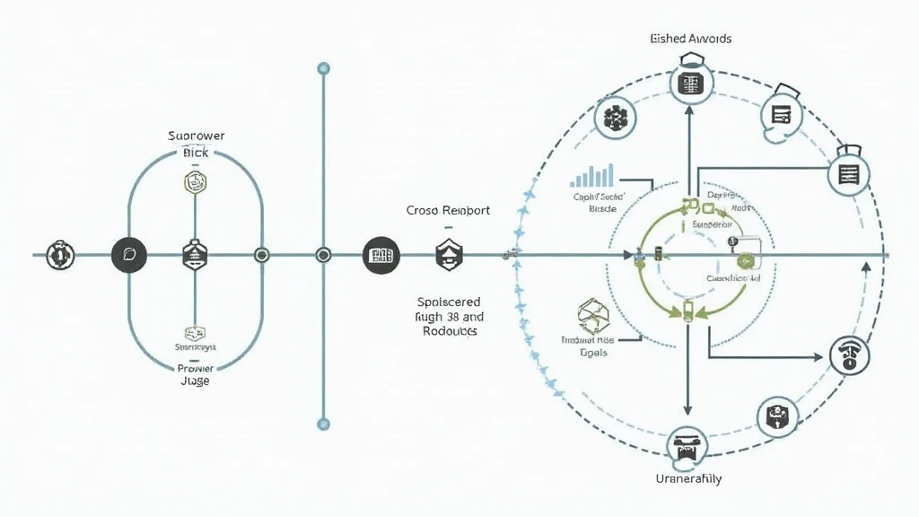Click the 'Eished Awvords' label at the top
point(690,39)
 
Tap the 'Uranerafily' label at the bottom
point(689,478)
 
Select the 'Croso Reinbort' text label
point(448,210)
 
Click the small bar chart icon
point(592,175)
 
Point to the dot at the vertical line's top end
point(324,68)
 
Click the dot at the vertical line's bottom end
point(324,424)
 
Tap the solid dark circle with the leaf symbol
point(127,255)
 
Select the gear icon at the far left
point(60,255)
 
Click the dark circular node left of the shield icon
point(380,256)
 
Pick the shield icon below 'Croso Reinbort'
point(448,255)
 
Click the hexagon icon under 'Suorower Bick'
point(196,183)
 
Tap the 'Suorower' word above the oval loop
point(196,136)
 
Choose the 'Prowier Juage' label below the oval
point(195,374)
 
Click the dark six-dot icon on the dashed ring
point(615,118)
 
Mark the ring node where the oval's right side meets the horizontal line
point(261,255)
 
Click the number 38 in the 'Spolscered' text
point(451,317)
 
